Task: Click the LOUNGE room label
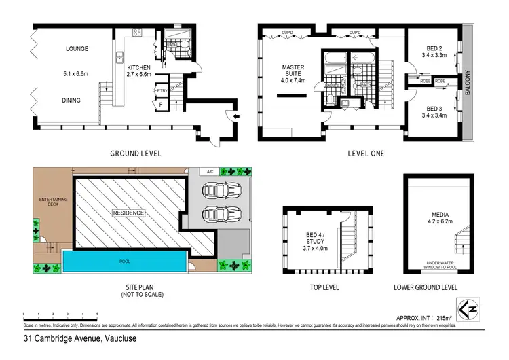point(79,49)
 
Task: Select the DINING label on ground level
point(72,101)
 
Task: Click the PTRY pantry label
point(162,90)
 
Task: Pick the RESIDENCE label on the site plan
point(128,213)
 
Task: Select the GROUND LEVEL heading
point(136,154)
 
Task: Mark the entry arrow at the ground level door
point(235,117)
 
